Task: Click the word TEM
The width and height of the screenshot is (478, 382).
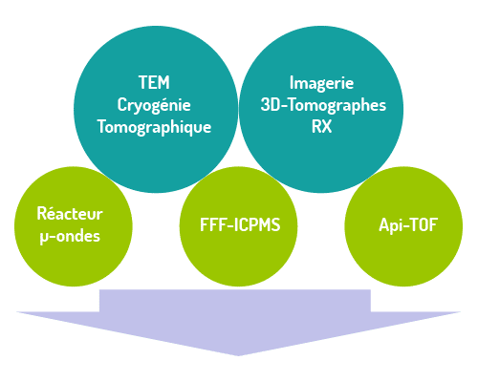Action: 154,83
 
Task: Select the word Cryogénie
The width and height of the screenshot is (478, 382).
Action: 154,105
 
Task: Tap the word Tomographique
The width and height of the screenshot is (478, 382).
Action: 154,127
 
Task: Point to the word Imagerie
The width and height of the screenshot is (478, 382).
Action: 321,83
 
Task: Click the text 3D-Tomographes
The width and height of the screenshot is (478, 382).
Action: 323,105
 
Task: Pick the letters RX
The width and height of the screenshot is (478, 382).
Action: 321,126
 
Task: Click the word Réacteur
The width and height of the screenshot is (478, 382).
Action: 70,213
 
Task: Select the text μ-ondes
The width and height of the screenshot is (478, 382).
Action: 70,237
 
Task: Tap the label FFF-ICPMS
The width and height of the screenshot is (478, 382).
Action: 240,224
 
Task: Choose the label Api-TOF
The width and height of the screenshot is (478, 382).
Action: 408,225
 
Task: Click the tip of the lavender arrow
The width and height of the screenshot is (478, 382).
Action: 238,355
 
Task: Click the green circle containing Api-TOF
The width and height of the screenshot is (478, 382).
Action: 403,226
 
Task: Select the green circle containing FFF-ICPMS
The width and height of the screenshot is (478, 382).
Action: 238,226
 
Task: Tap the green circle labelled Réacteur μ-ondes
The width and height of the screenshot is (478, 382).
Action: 74,226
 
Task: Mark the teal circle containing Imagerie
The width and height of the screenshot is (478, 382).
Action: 321,109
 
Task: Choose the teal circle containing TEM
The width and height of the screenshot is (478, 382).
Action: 156,109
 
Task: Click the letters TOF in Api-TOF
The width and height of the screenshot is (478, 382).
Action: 422,224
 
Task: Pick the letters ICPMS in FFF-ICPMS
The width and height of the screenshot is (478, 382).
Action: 257,224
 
